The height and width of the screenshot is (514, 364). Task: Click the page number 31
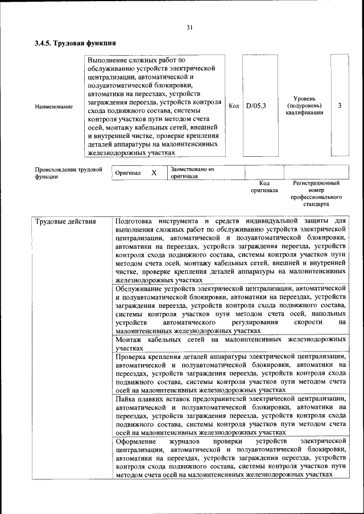pos(190,27)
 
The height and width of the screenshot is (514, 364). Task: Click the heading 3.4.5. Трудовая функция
pos(75,43)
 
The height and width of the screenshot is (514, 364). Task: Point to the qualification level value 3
pos(340,106)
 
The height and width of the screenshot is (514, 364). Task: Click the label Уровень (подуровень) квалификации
pos(304,106)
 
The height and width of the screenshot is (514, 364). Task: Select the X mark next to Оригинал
pos(154,173)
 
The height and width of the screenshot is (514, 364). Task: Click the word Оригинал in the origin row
pos(128,173)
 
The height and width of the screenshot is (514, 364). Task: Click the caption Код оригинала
pos(264,187)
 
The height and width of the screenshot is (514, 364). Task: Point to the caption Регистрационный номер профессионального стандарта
pos(316,193)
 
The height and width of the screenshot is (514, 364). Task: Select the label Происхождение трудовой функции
pos(68,173)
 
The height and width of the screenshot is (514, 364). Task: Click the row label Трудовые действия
pos(65,221)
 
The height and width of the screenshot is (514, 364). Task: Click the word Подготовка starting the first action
pos(137,221)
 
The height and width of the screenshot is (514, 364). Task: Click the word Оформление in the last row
pos(135,441)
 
